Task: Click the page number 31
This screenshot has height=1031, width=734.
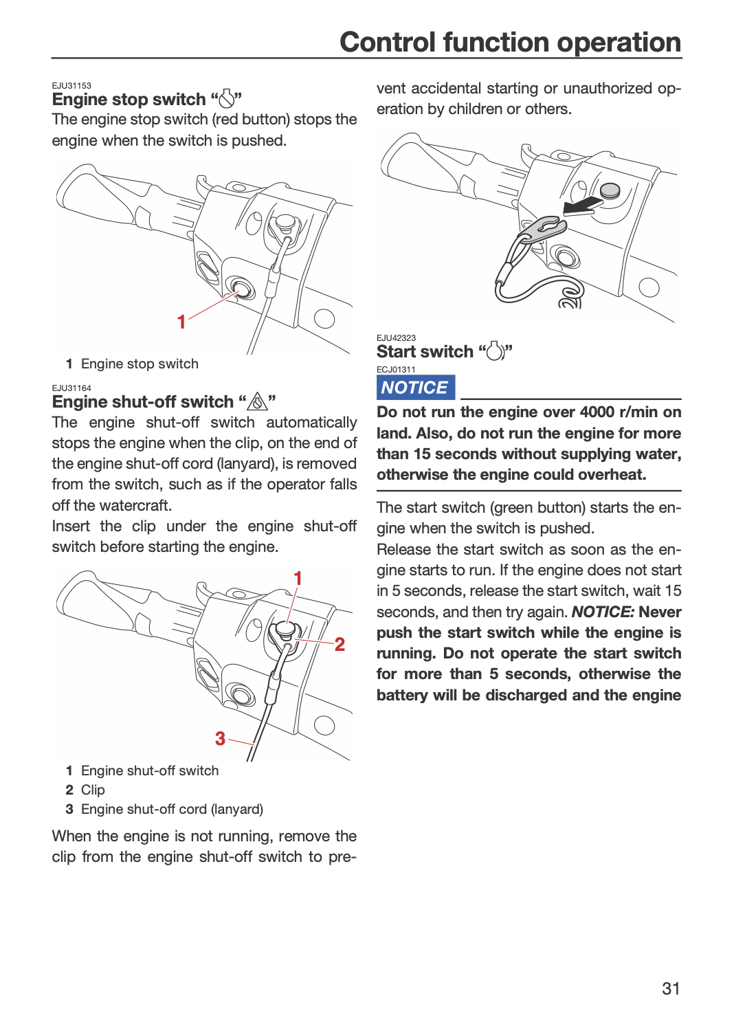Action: click(x=671, y=988)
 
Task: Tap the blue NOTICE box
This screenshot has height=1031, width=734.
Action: click(x=416, y=387)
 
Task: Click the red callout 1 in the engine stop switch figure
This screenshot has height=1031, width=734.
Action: click(x=181, y=322)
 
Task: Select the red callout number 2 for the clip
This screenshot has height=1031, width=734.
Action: click(x=340, y=645)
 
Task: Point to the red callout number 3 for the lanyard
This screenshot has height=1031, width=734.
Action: click(x=221, y=739)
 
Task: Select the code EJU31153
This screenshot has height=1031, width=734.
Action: click(x=71, y=86)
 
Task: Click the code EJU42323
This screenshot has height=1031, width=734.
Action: click(x=396, y=338)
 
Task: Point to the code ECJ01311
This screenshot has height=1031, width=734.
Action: click(x=396, y=369)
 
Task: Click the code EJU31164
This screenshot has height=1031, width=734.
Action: click(x=71, y=388)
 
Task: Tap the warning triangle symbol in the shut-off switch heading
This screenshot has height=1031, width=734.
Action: click(x=257, y=401)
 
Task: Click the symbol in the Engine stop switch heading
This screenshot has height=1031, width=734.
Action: click(x=226, y=98)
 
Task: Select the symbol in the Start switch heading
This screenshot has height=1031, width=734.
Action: click(x=495, y=351)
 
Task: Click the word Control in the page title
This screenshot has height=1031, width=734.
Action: click(x=388, y=42)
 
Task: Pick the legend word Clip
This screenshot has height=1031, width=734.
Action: click(x=93, y=790)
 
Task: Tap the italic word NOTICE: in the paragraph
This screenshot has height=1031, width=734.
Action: click(x=603, y=612)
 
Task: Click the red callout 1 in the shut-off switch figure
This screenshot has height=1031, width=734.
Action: click(x=298, y=578)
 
